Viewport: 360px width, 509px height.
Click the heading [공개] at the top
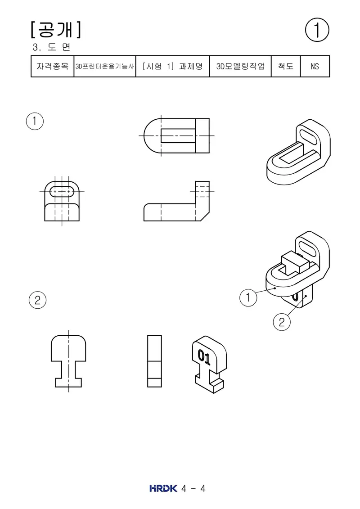56,30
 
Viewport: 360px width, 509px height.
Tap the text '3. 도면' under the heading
52,47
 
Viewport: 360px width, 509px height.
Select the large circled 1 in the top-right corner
317,30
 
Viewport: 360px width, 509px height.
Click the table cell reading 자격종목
53,66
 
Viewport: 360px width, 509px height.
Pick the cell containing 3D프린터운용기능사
105,66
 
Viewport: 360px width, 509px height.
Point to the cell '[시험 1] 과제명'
173,66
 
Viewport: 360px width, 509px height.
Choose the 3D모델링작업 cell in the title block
241,66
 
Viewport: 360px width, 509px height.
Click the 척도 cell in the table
286,66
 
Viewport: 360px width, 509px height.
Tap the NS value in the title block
315,66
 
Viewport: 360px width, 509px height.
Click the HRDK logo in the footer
163,488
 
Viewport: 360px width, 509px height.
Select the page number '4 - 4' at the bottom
193,489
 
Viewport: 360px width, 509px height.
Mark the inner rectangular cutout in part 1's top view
178,136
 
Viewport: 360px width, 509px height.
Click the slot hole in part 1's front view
62,192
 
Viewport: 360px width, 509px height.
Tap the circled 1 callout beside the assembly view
248,297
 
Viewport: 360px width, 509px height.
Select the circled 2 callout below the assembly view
282,322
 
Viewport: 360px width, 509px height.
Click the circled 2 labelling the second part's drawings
38,300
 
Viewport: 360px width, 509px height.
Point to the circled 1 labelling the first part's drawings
35,122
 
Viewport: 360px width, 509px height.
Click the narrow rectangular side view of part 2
154,361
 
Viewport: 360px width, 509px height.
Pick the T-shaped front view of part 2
68,361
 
